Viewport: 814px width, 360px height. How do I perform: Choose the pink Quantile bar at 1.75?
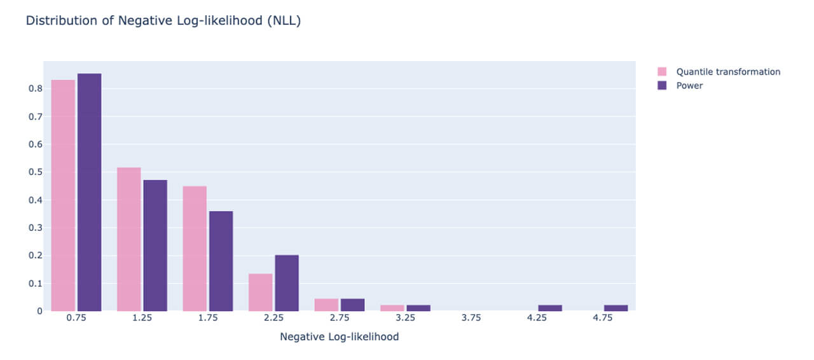coord(195,249)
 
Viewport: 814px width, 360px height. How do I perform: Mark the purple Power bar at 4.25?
coord(550,308)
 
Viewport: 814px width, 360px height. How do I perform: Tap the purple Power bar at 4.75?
coord(616,308)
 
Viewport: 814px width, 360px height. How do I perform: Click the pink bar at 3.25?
coord(392,308)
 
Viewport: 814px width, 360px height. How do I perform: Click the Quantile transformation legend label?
coord(728,72)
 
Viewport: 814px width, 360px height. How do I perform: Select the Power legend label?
coord(689,86)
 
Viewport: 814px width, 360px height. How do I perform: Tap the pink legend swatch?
coord(662,72)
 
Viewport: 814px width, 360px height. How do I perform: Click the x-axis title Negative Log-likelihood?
coord(340,337)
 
